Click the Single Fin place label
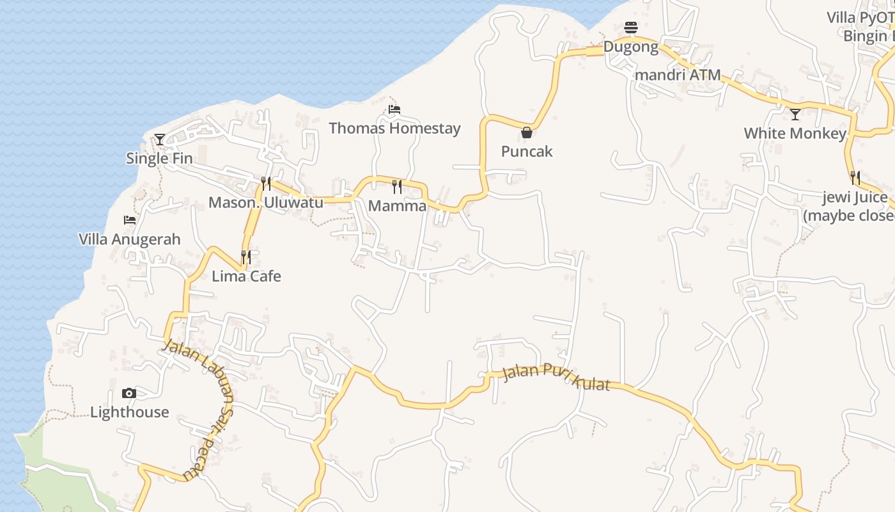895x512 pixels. pyautogui.click(x=159, y=158)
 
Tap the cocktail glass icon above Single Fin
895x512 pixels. pyautogui.click(x=160, y=139)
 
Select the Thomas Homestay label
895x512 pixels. pyautogui.click(x=394, y=128)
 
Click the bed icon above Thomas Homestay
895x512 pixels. pyautogui.click(x=394, y=109)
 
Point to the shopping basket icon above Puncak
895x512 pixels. pyautogui.click(x=527, y=132)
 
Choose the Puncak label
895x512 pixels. pyautogui.click(x=527, y=152)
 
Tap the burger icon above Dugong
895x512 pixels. pyautogui.click(x=631, y=28)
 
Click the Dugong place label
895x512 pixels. pyautogui.click(x=631, y=47)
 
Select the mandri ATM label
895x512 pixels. pyautogui.click(x=678, y=75)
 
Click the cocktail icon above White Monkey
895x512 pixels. pyautogui.click(x=795, y=115)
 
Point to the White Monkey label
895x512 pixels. pyautogui.click(x=795, y=134)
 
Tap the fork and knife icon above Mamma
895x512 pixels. pyautogui.click(x=397, y=186)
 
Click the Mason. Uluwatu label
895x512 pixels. pyautogui.click(x=266, y=203)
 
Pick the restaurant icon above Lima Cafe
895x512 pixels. pyautogui.click(x=246, y=257)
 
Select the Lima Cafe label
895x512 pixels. pyautogui.click(x=246, y=276)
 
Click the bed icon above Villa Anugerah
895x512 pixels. pyautogui.click(x=130, y=220)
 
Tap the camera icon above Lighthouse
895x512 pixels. pyautogui.click(x=129, y=393)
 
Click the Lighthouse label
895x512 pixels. pyautogui.click(x=130, y=412)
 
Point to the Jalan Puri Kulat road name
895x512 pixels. pyautogui.click(x=556, y=376)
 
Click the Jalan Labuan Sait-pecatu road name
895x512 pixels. pyautogui.click(x=205, y=403)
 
